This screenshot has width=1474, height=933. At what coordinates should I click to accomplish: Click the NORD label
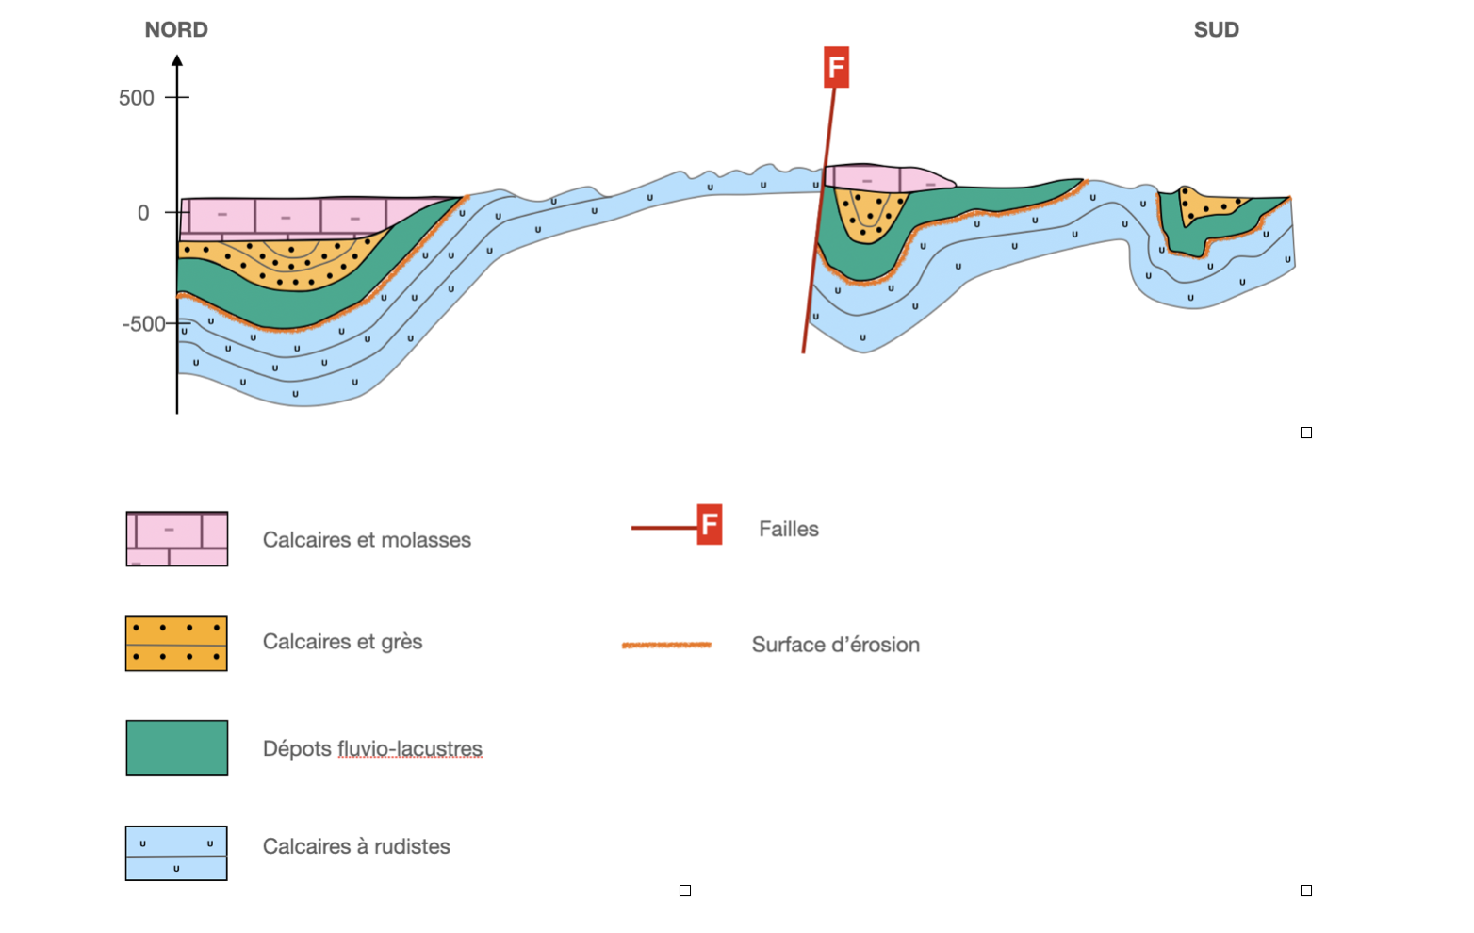pyautogui.click(x=176, y=30)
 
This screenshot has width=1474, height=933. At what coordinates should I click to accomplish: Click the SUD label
pyautogui.click(x=1216, y=30)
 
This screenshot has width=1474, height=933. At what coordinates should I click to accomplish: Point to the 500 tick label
pyautogui.click(x=137, y=98)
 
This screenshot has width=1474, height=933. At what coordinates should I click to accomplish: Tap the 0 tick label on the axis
pyautogui.click(x=143, y=213)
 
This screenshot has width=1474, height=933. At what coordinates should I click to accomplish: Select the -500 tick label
pyautogui.click(x=143, y=324)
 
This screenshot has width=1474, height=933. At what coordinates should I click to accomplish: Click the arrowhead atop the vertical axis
pyautogui.click(x=177, y=61)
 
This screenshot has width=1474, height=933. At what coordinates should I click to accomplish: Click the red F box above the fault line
pyautogui.click(x=836, y=68)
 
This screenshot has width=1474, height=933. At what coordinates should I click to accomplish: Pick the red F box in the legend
pyautogui.click(x=710, y=525)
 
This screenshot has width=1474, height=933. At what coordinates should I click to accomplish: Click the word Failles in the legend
pyautogui.click(x=789, y=530)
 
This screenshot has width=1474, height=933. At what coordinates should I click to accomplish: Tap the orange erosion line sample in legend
pyautogui.click(x=666, y=645)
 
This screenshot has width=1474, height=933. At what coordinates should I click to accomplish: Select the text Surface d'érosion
pyautogui.click(x=835, y=645)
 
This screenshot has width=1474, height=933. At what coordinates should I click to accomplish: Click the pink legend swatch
pyautogui.click(x=177, y=539)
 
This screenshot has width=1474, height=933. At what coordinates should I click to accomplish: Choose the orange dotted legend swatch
pyautogui.click(x=177, y=644)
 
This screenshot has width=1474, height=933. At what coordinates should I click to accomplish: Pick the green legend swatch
pyautogui.click(x=177, y=747)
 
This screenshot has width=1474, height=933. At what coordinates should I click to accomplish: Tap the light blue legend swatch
pyautogui.click(x=177, y=853)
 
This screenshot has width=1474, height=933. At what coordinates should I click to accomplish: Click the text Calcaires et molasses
pyautogui.click(x=367, y=540)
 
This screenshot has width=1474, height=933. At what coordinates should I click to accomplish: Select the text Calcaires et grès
pyautogui.click(x=342, y=642)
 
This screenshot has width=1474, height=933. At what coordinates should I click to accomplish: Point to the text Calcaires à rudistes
pyautogui.click(x=356, y=846)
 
